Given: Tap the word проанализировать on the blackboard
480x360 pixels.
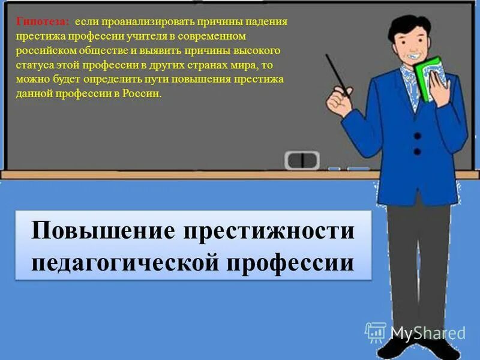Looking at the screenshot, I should [138, 22].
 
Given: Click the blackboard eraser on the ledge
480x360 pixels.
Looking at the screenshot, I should [302, 160].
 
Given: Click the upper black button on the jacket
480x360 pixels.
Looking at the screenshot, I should [417, 136].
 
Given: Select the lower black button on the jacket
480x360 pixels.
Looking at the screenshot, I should [417, 152].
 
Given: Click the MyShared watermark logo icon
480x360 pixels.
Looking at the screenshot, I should [376, 332].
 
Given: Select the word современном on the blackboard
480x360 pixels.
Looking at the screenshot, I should [213, 36].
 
